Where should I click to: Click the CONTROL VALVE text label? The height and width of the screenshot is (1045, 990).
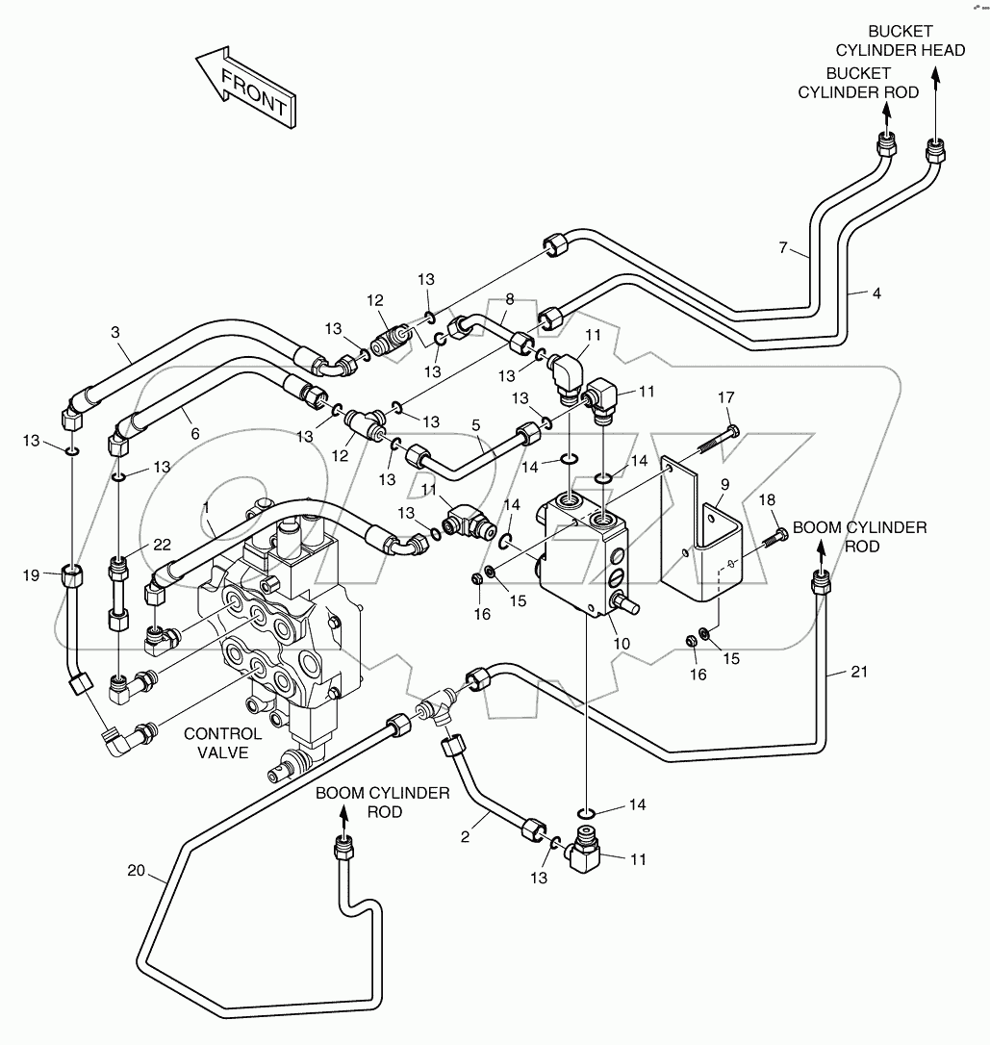223,743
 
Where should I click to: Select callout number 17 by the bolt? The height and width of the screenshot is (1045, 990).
725,397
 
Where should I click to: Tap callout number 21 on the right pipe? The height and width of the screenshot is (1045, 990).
859,672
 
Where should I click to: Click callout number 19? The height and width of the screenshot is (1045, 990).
31,575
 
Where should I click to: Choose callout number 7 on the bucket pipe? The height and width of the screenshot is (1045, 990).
786,248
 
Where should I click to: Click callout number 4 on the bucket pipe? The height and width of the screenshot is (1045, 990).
876,292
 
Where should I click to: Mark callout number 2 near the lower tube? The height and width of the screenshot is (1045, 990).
465,836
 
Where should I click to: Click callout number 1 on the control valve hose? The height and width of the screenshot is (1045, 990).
205,507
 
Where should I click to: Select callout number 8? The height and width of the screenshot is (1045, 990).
509,299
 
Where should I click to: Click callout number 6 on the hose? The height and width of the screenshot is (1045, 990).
195,434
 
